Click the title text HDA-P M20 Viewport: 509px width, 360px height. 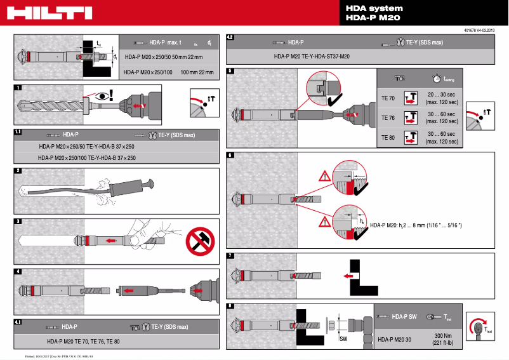point(373,18)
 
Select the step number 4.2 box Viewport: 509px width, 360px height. point(231,38)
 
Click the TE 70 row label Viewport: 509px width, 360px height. point(388,98)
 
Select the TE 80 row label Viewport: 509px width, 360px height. point(388,137)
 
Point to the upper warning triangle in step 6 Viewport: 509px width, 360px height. point(326,176)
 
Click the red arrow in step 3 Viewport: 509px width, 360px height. point(111,241)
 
